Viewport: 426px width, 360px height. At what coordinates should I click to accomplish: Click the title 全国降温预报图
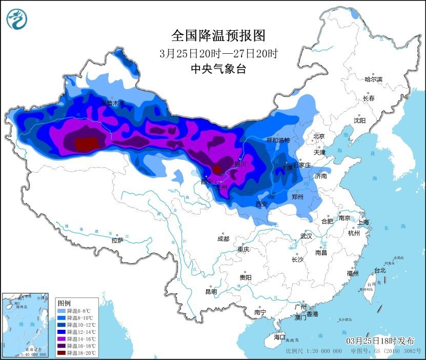[219, 35]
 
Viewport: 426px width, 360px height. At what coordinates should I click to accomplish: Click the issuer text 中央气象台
[219, 69]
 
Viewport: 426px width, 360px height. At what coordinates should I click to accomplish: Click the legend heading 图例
[64, 303]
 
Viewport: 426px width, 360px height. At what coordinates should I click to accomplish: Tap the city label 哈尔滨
[373, 79]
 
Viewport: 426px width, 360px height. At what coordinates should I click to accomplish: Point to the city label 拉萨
[117, 240]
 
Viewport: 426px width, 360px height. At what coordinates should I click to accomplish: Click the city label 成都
[223, 239]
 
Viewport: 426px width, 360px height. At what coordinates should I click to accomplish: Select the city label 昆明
[211, 291]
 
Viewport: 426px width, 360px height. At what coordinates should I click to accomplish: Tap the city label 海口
[279, 337]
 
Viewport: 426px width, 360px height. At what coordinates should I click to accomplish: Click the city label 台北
[380, 270]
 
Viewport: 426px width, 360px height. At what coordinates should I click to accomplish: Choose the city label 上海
[363, 222]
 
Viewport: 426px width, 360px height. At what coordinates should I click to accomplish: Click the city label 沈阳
[359, 120]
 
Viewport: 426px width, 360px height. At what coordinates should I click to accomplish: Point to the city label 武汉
[306, 236]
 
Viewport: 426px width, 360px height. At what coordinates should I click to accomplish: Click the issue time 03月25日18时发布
[379, 341]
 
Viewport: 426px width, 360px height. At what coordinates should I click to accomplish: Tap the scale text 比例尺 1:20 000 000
[314, 352]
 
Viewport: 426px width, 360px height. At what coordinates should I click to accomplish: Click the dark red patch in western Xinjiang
[86, 144]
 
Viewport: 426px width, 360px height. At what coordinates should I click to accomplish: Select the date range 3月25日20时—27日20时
[219, 53]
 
